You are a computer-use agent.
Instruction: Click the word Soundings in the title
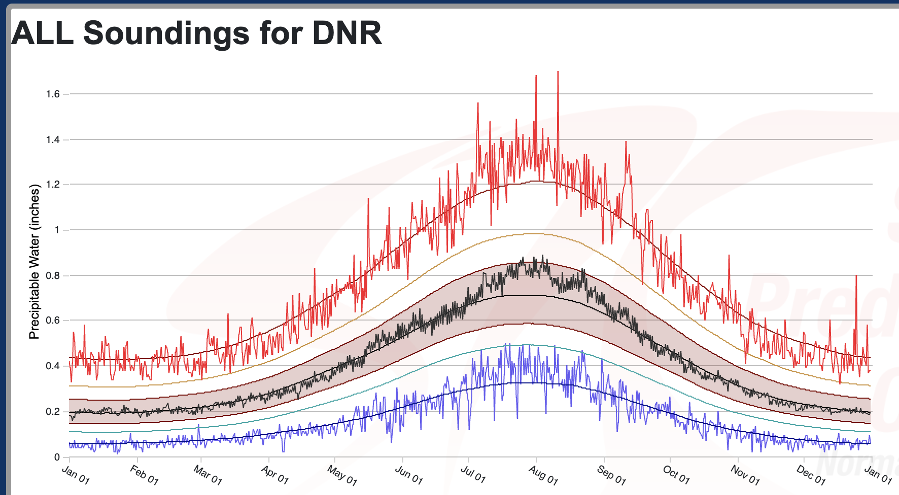[x=166, y=33]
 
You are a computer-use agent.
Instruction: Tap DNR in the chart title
[x=347, y=33]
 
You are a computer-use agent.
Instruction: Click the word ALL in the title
[x=42, y=33]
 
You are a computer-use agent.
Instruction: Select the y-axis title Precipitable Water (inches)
[x=34, y=262]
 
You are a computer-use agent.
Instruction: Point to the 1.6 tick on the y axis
[x=53, y=94]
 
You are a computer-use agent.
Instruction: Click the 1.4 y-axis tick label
[x=53, y=139]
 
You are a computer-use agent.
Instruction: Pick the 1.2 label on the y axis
[x=53, y=185]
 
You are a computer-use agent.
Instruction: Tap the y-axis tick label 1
[x=57, y=230]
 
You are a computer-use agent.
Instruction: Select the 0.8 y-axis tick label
[x=53, y=275]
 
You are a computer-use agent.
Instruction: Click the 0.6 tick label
[x=53, y=321]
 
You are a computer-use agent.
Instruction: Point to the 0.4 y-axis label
[x=53, y=366]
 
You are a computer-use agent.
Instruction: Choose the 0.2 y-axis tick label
[x=53, y=411]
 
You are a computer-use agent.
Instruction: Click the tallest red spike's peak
[x=558, y=72]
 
